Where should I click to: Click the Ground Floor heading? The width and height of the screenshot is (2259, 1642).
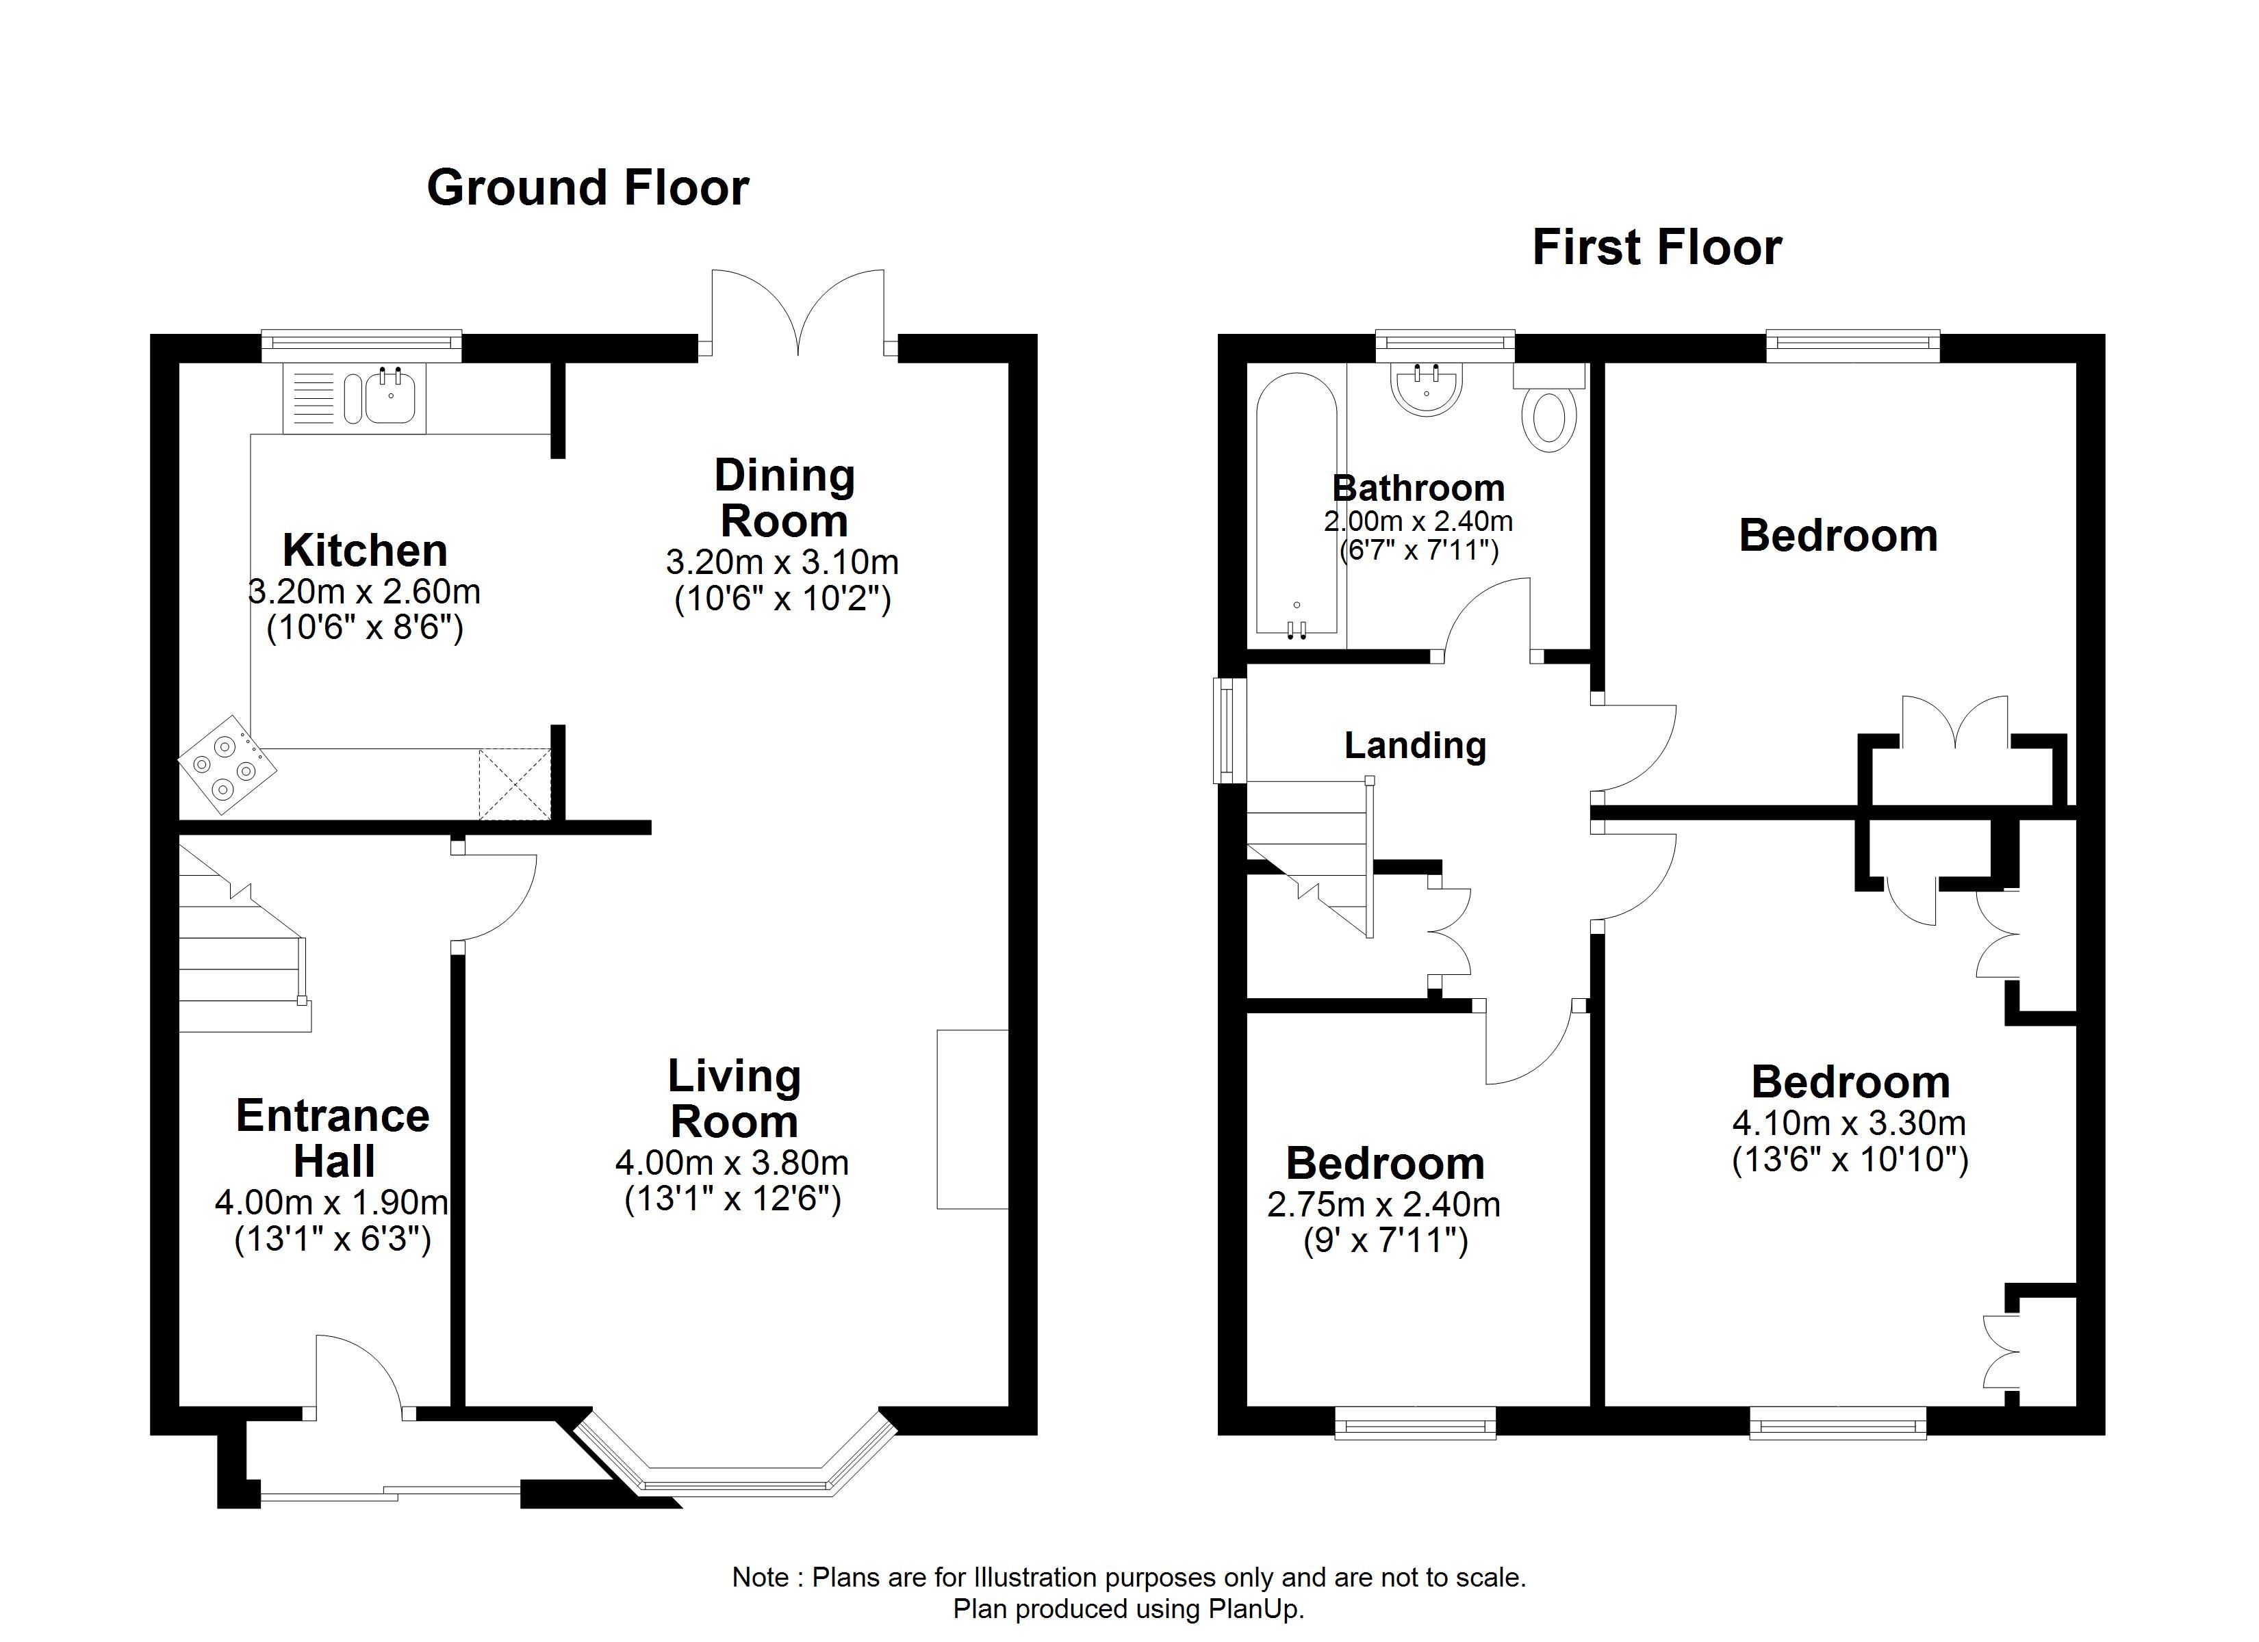pyautogui.click(x=587, y=188)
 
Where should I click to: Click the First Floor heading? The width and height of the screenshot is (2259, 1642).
pyautogui.click(x=1657, y=248)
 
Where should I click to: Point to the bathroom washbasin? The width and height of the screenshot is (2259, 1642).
pyautogui.click(x=1427, y=389)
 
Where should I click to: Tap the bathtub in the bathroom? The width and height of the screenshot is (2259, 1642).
pyautogui.click(x=1296, y=505)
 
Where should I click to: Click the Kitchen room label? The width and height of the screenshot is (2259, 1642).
pyautogui.click(x=365, y=549)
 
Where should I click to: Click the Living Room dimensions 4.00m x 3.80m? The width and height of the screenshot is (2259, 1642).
pyautogui.click(x=732, y=1162)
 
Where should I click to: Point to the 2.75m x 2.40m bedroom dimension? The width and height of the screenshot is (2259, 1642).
pyautogui.click(x=1383, y=1205)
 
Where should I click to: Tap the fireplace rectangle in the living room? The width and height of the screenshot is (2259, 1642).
pyautogui.click(x=972, y=1119)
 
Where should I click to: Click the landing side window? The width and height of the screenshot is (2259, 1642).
pyautogui.click(x=1230, y=730)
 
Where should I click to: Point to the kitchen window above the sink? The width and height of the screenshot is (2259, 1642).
pyautogui.click(x=361, y=346)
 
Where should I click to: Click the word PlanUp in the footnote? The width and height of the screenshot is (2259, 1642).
pyautogui.click(x=1254, y=1609)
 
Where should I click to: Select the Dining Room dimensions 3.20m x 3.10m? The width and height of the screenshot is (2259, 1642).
pyautogui.click(x=782, y=562)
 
